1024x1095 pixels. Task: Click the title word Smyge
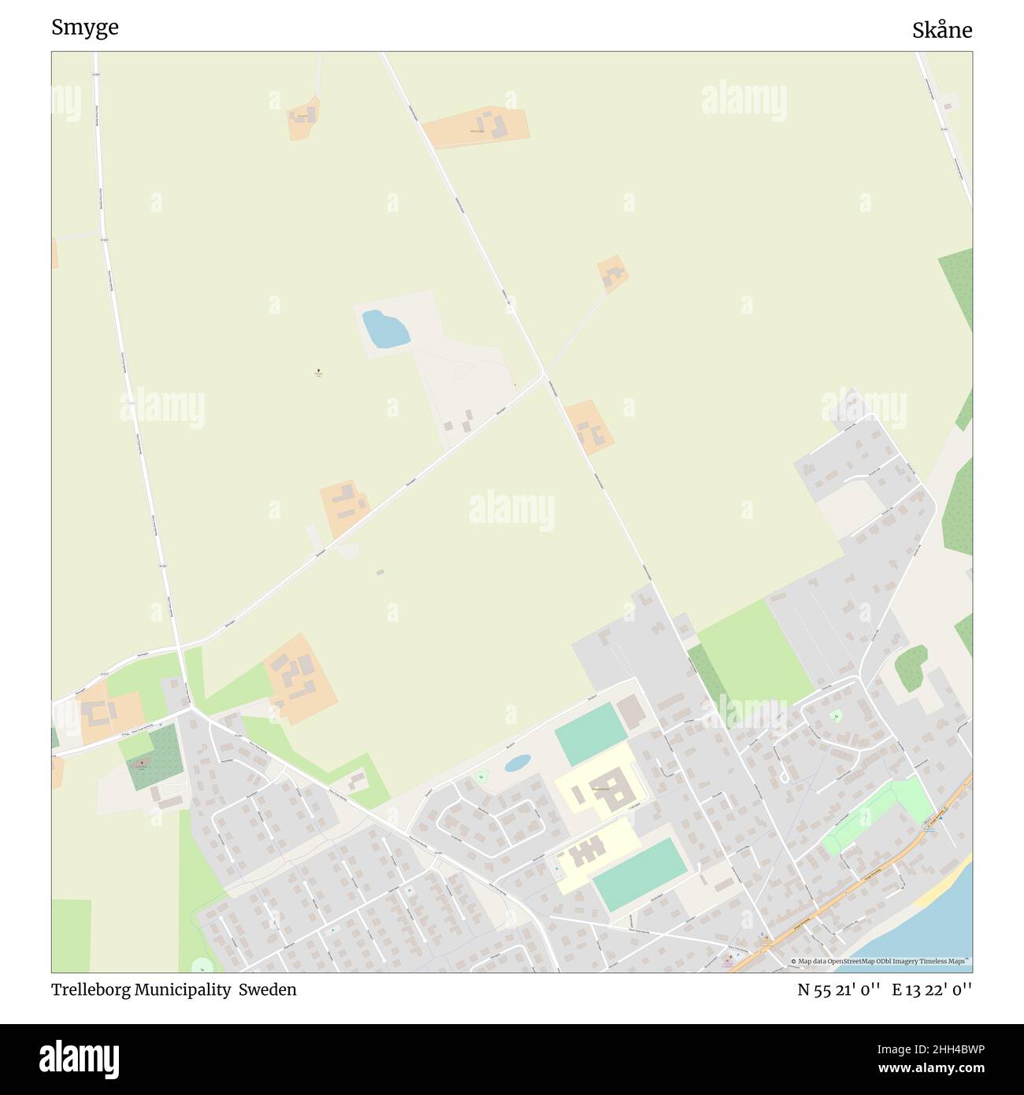tap(85, 28)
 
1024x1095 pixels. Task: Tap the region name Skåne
tap(941, 31)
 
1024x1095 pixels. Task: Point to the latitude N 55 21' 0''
tap(839, 989)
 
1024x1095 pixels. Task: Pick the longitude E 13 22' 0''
tap(932, 989)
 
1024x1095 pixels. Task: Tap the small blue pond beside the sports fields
tap(517, 763)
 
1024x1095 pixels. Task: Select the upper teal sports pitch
tap(591, 733)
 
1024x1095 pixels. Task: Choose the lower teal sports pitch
tap(640, 874)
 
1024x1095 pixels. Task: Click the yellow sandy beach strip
tap(941, 891)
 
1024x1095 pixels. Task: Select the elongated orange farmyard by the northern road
tap(475, 126)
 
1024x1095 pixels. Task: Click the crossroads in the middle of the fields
tap(544, 374)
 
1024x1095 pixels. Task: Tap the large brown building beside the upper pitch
tap(631, 711)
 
